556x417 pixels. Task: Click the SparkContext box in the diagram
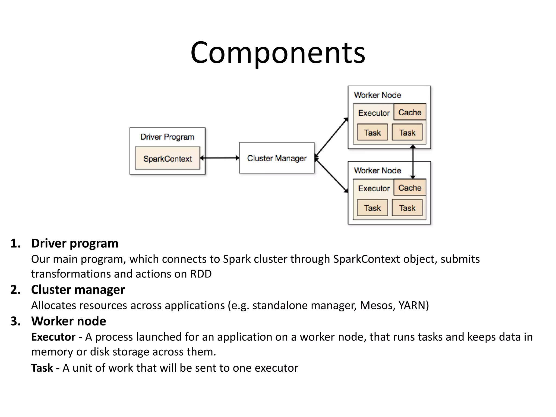[x=168, y=158]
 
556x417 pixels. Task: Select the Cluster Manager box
[x=277, y=158]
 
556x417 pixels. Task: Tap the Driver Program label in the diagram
[x=167, y=137]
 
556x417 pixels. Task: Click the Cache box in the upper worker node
[x=410, y=112]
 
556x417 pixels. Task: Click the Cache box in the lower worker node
[x=410, y=188]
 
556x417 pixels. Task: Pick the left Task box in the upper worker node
[x=372, y=132]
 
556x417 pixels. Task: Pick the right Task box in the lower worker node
[x=407, y=208]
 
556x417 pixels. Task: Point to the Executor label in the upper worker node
[x=374, y=113]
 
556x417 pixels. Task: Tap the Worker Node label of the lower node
[x=377, y=170]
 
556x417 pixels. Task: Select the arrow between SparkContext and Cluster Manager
[x=219, y=158]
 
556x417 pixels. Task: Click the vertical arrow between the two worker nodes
[x=413, y=162]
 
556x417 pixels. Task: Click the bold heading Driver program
[x=75, y=243]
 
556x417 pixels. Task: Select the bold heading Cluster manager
[x=78, y=290]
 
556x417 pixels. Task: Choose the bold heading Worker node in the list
[x=68, y=321]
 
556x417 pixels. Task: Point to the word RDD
[x=201, y=274]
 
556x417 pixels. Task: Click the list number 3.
[x=15, y=321]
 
